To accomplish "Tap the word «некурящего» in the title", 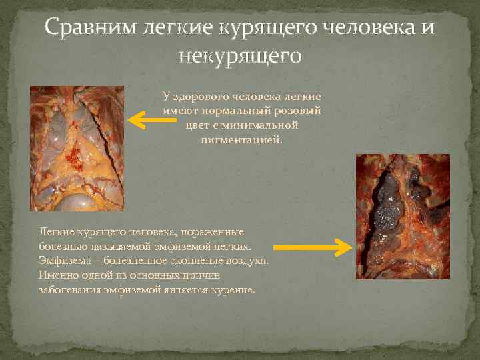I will (x=239, y=56).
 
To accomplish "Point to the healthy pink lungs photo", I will (x=77, y=148).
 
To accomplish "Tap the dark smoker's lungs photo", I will (x=402, y=216).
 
